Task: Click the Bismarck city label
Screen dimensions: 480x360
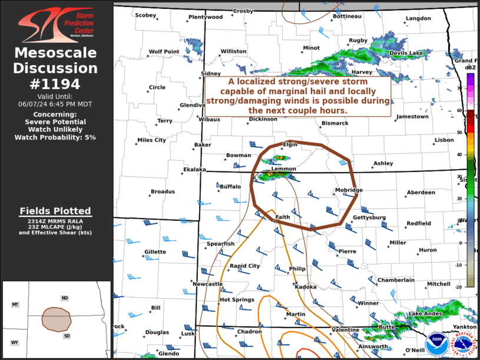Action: (x=335, y=123)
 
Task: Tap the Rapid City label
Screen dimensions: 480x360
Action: (x=244, y=266)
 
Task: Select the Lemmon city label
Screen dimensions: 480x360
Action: (x=284, y=169)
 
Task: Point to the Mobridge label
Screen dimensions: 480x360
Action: (x=349, y=190)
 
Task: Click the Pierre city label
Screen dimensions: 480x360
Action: (x=347, y=252)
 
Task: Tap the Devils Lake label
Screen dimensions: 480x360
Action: (x=406, y=53)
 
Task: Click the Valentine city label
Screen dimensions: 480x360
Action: (x=345, y=329)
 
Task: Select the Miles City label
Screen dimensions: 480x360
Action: (x=151, y=140)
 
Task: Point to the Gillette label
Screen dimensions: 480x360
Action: (x=155, y=252)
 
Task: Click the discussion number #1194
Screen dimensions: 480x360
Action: (x=55, y=84)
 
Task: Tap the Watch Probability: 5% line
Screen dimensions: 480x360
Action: (x=55, y=137)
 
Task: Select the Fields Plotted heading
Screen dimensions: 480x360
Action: (x=55, y=210)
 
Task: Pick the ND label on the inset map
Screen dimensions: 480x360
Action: (x=64, y=298)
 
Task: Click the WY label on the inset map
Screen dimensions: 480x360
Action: (x=15, y=342)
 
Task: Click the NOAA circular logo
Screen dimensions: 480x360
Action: (x=437, y=341)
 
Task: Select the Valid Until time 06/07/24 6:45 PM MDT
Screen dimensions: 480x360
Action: (x=55, y=103)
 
